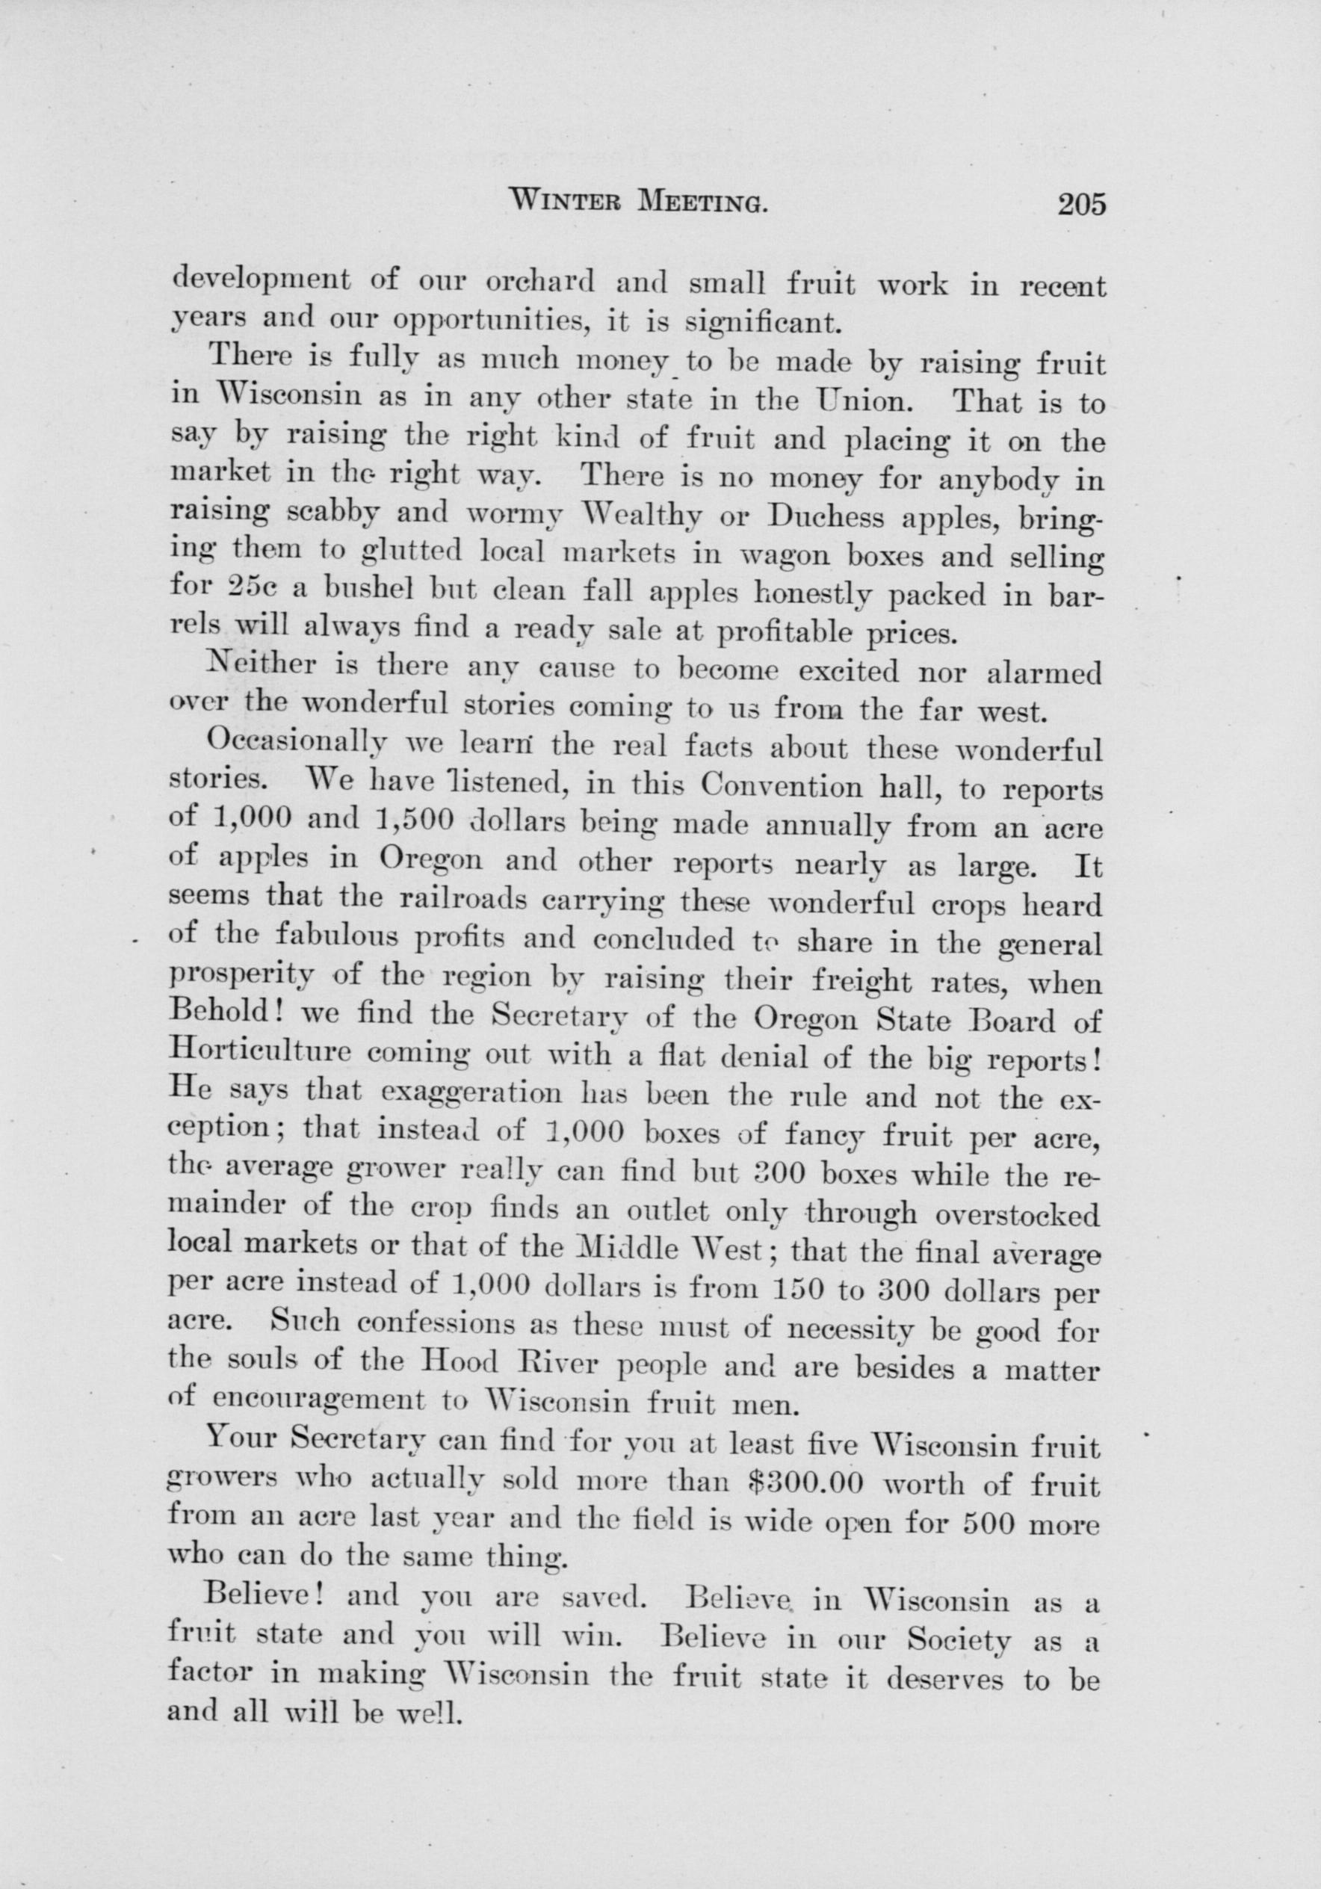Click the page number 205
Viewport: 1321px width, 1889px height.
(x=1082, y=203)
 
